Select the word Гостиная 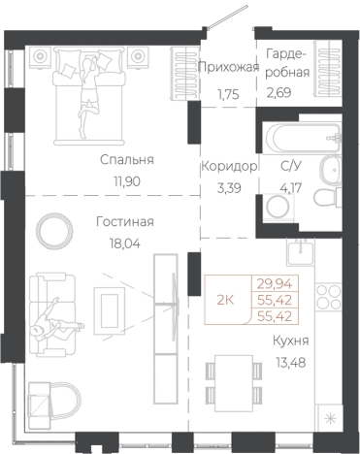[125, 221]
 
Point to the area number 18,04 [125, 243]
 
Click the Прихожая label [227, 67]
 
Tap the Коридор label [229, 166]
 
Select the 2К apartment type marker [224, 300]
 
